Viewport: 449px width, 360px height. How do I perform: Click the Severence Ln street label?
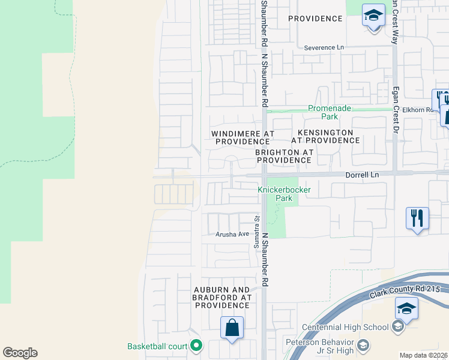tap(324, 47)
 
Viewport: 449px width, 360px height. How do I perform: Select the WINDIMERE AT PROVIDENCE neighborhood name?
tap(243, 137)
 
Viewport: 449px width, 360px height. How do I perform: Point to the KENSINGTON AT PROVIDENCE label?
tap(325, 136)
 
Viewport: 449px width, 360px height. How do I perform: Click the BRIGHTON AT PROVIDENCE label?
tap(284, 157)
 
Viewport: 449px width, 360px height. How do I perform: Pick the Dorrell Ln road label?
tap(363, 175)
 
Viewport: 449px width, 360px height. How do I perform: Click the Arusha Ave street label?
tap(232, 234)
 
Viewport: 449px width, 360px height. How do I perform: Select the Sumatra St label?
tap(256, 230)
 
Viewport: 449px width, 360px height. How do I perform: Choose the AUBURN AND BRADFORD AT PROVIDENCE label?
tap(221, 297)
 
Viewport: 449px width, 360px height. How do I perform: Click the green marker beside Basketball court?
tap(196, 346)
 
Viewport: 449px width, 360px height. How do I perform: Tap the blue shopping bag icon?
tap(232, 328)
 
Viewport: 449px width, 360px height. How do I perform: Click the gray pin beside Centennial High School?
tap(397, 327)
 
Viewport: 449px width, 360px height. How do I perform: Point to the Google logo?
tap(20, 353)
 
